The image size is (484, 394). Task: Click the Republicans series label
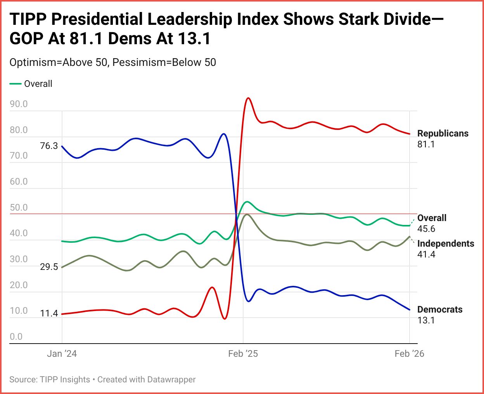(443, 133)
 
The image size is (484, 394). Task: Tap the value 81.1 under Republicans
(426, 144)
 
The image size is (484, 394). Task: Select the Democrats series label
(440, 309)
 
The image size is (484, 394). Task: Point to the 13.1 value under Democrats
(426, 320)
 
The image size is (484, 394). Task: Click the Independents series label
(446, 244)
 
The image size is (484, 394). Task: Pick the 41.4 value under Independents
(426, 254)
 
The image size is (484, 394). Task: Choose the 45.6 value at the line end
(426, 229)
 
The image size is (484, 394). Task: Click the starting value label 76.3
(49, 146)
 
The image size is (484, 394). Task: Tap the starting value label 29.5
(49, 267)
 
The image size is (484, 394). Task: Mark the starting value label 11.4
(49, 313)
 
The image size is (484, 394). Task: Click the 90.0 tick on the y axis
(19, 104)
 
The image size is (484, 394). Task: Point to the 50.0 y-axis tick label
(19, 207)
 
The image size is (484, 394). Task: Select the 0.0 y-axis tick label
(16, 337)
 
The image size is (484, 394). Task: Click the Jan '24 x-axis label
(62, 354)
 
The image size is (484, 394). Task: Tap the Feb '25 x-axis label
(243, 354)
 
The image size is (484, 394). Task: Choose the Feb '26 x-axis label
(409, 354)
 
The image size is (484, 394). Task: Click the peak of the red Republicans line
(248, 98)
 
